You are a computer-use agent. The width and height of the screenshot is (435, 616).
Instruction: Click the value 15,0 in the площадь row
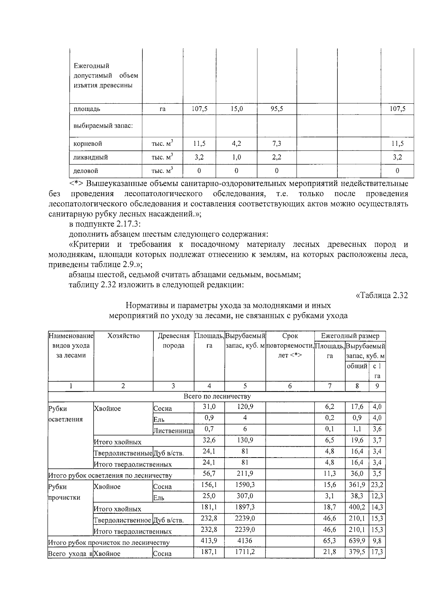236,109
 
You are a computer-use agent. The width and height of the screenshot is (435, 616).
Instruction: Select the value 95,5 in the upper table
277,109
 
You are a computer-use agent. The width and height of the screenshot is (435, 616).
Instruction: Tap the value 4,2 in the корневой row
236,144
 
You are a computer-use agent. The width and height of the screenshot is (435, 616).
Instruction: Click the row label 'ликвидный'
91,157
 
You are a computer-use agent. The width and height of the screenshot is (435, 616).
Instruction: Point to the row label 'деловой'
86,171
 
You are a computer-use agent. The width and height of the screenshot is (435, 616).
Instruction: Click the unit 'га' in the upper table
162,109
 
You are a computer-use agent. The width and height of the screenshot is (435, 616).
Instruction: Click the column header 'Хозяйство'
123,336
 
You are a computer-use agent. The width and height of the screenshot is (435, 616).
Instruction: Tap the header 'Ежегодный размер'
350,336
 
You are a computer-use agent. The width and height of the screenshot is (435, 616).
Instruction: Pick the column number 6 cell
290,386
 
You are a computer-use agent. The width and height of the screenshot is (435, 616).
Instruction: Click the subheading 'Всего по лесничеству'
217,397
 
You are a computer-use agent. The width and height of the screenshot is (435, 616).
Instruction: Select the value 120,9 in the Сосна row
245,407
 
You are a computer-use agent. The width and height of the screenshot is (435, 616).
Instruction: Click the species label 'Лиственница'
174,431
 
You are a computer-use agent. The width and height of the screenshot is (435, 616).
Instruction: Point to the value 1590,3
245,485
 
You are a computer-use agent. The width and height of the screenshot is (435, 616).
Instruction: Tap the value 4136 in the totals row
245,541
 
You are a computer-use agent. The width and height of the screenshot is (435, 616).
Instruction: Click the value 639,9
357,541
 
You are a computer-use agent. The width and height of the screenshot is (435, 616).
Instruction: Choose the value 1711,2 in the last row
245,552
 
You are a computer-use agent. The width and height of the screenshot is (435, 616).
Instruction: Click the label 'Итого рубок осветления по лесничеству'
110,475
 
